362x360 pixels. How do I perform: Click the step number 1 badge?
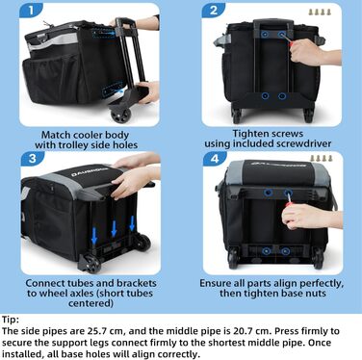point(31,11)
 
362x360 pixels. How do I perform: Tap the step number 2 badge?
point(214,11)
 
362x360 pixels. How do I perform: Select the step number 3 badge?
point(33,159)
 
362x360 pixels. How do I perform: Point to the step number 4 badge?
point(215,159)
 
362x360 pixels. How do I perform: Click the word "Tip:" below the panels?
point(11,320)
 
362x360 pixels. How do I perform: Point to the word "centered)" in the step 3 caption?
point(90,303)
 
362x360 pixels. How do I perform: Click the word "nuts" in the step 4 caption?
point(315,294)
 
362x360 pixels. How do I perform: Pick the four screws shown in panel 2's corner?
point(320,13)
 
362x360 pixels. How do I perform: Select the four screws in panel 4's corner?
point(322,158)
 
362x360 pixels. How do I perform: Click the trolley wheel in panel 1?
point(121,115)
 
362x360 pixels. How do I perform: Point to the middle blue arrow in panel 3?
point(114,229)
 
